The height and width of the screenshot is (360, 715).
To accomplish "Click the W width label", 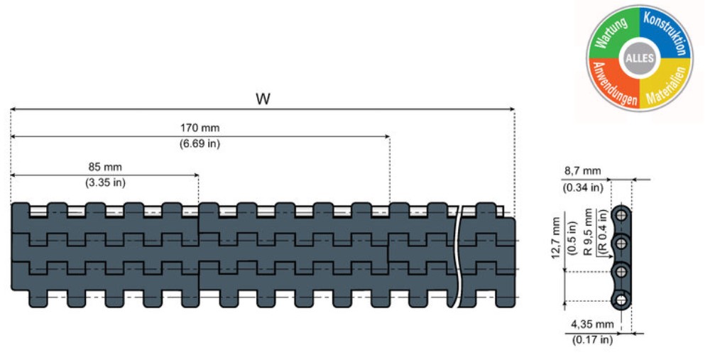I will [x=263, y=99].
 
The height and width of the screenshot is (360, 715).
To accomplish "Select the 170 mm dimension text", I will [x=200, y=129].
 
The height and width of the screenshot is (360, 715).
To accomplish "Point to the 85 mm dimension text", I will [x=105, y=167].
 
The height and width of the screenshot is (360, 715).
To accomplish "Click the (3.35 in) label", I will [x=105, y=182].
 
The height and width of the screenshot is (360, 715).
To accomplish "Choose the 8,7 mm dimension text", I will [x=584, y=172].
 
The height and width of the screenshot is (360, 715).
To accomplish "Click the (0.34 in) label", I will [x=584, y=187].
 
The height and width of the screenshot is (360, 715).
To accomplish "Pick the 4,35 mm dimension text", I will [x=594, y=324].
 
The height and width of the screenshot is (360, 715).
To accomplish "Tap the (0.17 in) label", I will [x=592, y=340].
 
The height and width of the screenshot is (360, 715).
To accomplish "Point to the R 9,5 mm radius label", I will [x=586, y=231].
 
